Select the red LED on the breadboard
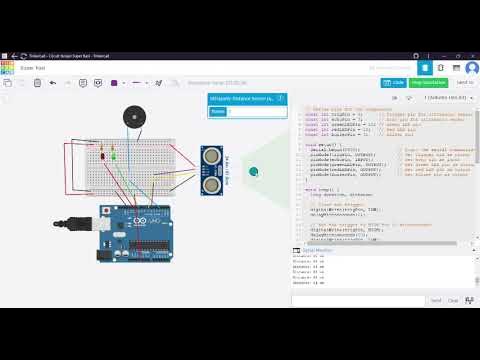pyautogui.click(x=102, y=156)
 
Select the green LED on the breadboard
pyautogui.click(x=112, y=156)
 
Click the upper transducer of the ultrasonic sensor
pyautogui.click(x=210, y=156)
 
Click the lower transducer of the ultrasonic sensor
pyautogui.click(x=210, y=183)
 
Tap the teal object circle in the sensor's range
pyautogui.click(x=254, y=171)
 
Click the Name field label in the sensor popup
pyautogui.click(x=219, y=112)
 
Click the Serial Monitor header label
pyautogui.click(x=318, y=249)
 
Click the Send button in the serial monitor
pyautogui.click(x=436, y=299)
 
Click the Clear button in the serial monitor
pyautogui.click(x=456, y=299)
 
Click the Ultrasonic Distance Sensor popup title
pyautogui.click(x=240, y=98)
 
